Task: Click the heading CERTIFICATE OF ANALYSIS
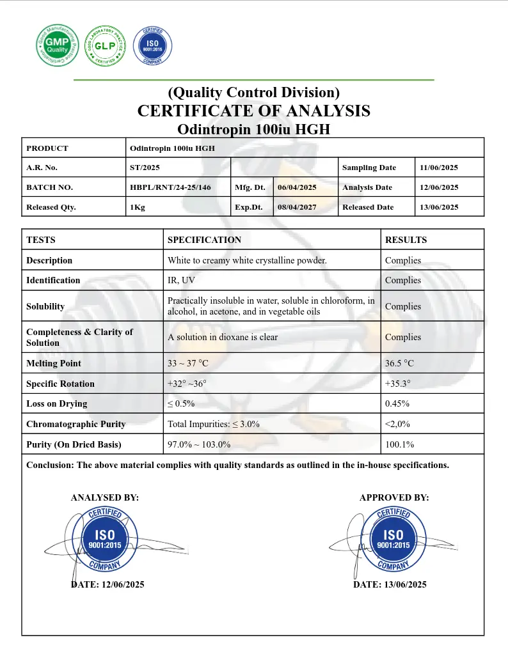pos(253,111)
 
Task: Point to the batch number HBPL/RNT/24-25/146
pos(170,187)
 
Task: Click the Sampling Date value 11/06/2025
pos(439,168)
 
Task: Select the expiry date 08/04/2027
pos(297,207)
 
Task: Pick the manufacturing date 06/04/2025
pos(297,187)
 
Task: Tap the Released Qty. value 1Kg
pos(138,207)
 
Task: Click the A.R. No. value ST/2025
pos(145,168)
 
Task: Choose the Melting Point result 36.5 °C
pos(399,363)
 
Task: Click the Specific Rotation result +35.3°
pos(398,384)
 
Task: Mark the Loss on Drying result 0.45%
pos(397,404)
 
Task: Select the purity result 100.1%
pos(399,444)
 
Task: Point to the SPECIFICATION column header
pos(204,240)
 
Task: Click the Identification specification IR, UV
pos(182,280)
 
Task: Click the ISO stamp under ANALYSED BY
pos(105,540)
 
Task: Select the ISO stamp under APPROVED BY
pos(393,540)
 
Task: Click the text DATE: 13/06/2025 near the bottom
pos(390,584)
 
